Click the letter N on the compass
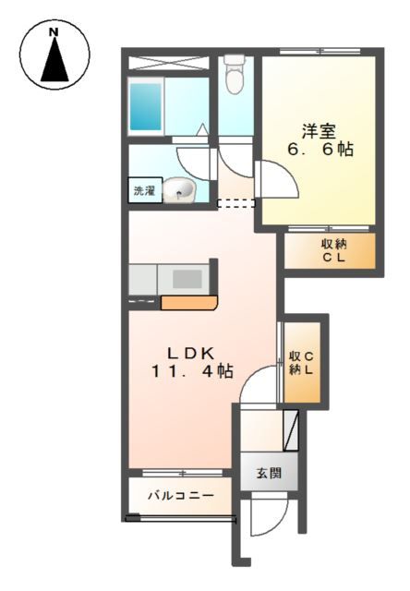[54, 33]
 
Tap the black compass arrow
[54, 66]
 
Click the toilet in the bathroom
[235, 76]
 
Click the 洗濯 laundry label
[144, 192]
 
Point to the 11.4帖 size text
[191, 371]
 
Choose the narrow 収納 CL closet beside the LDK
[301, 362]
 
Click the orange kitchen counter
[188, 302]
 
